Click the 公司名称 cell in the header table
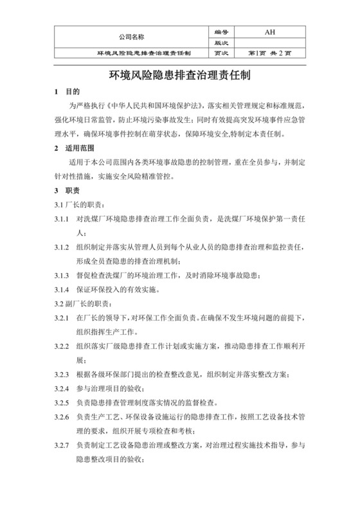click(x=132, y=37)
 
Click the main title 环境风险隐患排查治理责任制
click(x=180, y=75)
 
